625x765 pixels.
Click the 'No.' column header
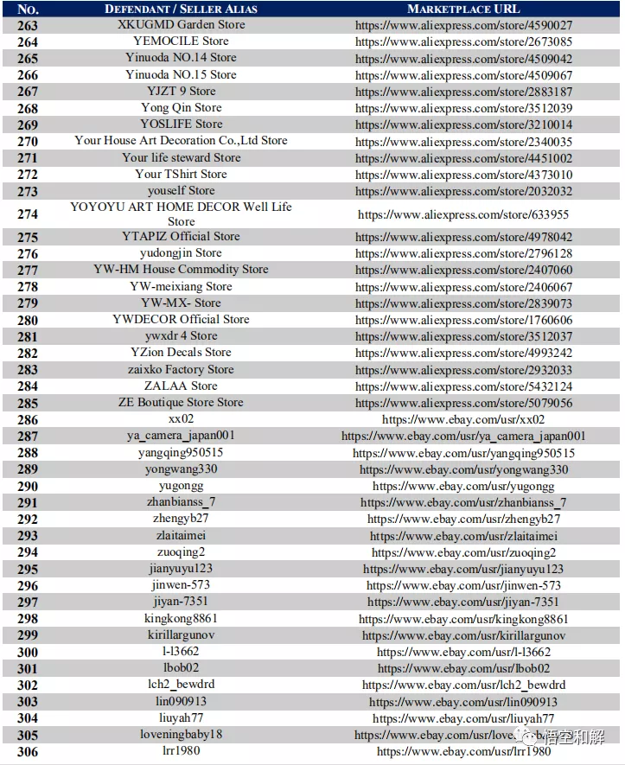pyautogui.click(x=28, y=9)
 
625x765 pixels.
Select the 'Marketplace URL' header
pyautogui.click(x=463, y=9)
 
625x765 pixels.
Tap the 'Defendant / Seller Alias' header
pyautogui.click(x=181, y=9)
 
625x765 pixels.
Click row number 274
pyautogui.click(x=28, y=214)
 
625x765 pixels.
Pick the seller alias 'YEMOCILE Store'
pyautogui.click(x=181, y=41)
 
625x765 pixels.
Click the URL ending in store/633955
pyautogui.click(x=463, y=214)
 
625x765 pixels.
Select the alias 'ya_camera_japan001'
pyautogui.click(x=181, y=436)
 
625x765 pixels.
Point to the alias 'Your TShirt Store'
pyautogui.click(x=181, y=174)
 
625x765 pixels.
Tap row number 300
pyautogui.click(x=28, y=652)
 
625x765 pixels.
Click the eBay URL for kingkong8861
pyautogui.click(x=463, y=619)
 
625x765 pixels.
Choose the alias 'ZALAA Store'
pyautogui.click(x=181, y=386)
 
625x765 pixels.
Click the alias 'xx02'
pyautogui.click(x=181, y=419)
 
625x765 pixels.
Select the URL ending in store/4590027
pyautogui.click(x=463, y=25)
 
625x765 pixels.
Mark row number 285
pyautogui.click(x=28, y=403)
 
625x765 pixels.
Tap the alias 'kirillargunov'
pyautogui.click(x=181, y=635)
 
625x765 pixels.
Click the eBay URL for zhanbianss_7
pyautogui.click(x=463, y=502)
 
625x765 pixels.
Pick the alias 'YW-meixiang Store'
pyautogui.click(x=181, y=286)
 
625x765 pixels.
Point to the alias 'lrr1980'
pyautogui.click(x=181, y=751)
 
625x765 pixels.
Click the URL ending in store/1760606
pyautogui.click(x=463, y=320)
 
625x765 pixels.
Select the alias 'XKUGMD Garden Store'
pyautogui.click(x=181, y=24)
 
